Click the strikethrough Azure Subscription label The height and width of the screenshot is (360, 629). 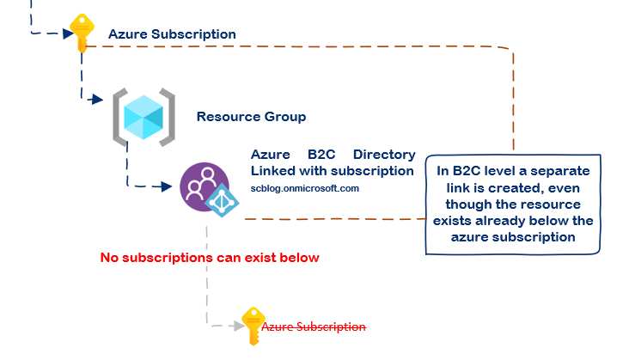pos(313,326)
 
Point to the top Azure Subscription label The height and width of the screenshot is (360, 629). pos(172,34)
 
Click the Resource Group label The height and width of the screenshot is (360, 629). pos(251,116)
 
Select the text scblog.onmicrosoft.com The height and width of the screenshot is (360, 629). pos(304,187)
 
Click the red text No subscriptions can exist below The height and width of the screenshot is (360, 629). pos(210,257)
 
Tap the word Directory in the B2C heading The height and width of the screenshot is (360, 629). pos(384,155)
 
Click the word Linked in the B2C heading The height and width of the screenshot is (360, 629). pos(272,170)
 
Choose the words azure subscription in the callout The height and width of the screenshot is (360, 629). pos(512,237)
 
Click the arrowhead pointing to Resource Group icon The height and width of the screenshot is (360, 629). pos(98,101)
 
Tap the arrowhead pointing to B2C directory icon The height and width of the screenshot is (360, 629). pos(169,186)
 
